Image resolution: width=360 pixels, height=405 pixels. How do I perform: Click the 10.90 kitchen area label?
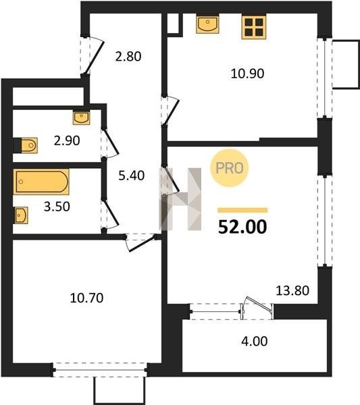click(x=247, y=74)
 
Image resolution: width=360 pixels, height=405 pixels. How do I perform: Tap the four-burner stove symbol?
click(x=254, y=27)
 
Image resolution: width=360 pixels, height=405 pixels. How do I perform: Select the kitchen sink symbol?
click(x=207, y=24)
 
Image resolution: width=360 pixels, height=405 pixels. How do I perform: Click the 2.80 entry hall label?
click(x=128, y=57)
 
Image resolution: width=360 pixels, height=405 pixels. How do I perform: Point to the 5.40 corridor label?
click(x=132, y=175)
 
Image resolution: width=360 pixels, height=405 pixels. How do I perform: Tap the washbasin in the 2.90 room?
click(x=82, y=117)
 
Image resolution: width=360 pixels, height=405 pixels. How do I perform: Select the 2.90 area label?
click(x=67, y=141)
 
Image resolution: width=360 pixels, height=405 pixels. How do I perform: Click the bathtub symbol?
click(x=41, y=182)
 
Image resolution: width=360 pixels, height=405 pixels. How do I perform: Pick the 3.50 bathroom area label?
click(x=57, y=207)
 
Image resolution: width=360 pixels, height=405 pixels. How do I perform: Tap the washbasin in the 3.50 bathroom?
click(x=20, y=215)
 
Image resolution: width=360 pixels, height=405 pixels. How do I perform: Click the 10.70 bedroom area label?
click(x=86, y=298)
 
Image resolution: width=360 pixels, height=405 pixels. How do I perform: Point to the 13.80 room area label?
click(x=292, y=290)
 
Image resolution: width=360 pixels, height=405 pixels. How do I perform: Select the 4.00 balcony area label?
click(x=255, y=341)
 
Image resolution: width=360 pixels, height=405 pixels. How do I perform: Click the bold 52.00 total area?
click(x=242, y=227)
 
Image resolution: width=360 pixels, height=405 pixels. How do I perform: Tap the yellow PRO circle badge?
click(x=229, y=168)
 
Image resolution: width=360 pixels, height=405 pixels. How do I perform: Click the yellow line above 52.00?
click(x=242, y=210)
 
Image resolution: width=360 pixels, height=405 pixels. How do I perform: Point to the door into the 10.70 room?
click(x=141, y=243)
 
